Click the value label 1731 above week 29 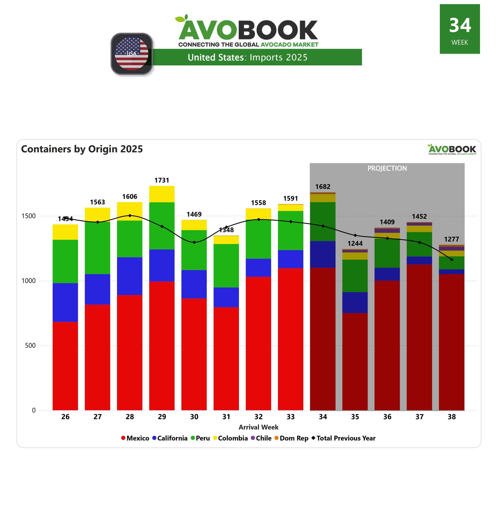click(162, 180)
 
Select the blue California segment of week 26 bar click(65, 302)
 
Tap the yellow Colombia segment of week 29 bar click(162, 194)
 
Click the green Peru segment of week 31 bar click(226, 266)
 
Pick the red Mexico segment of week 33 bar click(291, 339)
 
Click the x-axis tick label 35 click(355, 417)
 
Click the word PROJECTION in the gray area click(387, 168)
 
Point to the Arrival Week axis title click(258, 427)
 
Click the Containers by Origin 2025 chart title click(82, 149)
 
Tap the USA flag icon click(132, 54)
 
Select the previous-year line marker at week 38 click(452, 260)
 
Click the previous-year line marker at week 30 click(194, 242)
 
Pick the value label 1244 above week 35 click(355, 243)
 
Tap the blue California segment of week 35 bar click(355, 302)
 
